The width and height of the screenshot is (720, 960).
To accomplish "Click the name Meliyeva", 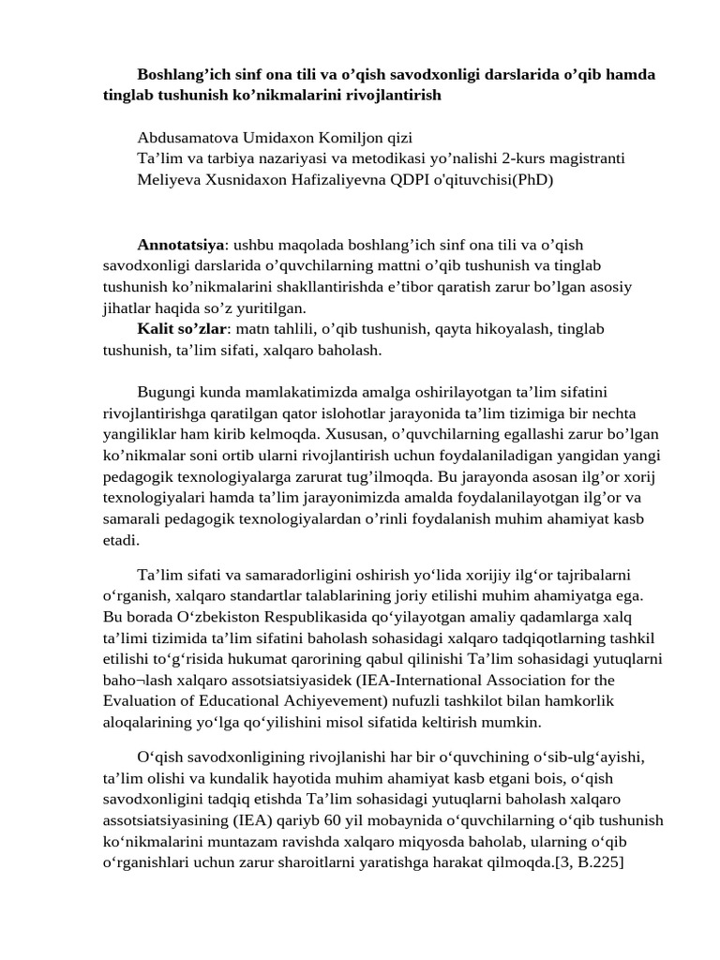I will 169,178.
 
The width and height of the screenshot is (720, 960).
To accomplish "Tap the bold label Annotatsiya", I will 181,245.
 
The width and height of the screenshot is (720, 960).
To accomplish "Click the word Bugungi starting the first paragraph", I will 167,392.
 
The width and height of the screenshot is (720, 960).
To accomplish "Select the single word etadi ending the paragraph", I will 121,539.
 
